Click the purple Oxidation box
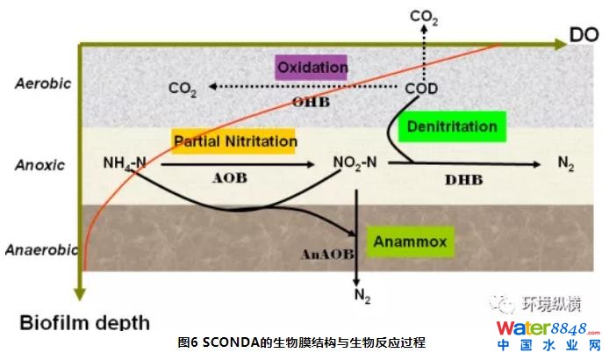click(311, 68)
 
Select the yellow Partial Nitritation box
click(233, 141)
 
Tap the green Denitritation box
click(452, 126)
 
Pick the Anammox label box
click(410, 241)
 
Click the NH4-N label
click(125, 163)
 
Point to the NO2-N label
click(355, 163)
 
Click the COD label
click(421, 89)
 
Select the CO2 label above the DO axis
click(424, 18)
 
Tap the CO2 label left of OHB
click(183, 89)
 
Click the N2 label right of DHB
click(566, 163)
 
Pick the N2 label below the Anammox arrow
click(362, 296)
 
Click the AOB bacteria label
click(230, 178)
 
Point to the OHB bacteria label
click(311, 102)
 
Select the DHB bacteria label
click(463, 180)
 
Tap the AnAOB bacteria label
click(327, 255)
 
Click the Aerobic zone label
click(43, 83)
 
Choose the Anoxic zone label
click(39, 165)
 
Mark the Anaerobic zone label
click(42, 249)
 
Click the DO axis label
click(584, 35)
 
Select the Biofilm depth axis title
click(84, 322)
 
